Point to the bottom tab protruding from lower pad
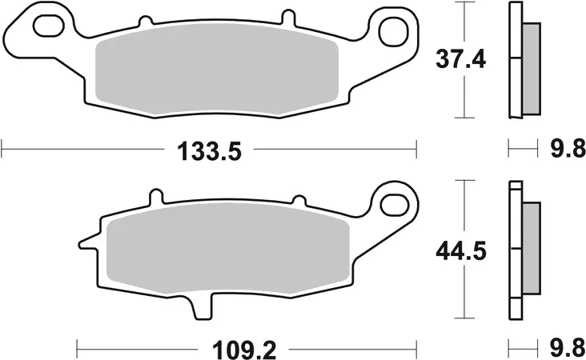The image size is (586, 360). [201, 308]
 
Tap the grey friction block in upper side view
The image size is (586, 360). [530, 69]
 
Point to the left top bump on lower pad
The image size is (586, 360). [156, 197]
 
